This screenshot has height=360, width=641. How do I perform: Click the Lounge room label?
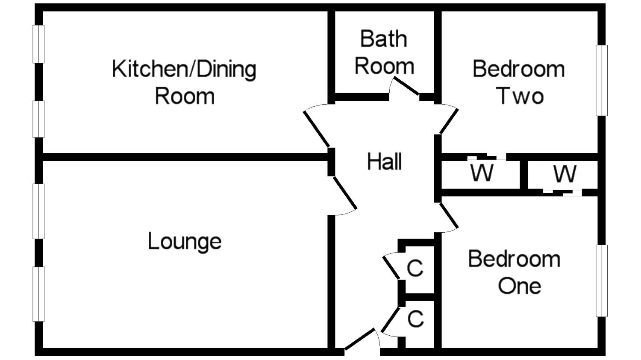click(x=185, y=242)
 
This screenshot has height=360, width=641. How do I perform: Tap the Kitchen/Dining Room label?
click(x=184, y=82)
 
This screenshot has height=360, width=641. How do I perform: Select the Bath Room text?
click(x=384, y=52)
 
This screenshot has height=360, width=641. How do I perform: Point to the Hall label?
click(x=385, y=162)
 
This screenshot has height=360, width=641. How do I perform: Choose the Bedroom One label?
click(x=515, y=272)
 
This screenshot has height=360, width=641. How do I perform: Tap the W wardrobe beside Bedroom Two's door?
click(x=482, y=173)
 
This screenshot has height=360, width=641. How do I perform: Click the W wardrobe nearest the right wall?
click(x=565, y=173)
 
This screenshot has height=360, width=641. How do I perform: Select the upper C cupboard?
click(x=415, y=268)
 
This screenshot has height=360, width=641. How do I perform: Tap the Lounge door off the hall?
click(x=344, y=195)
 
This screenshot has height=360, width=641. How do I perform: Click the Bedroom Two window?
click(x=602, y=80)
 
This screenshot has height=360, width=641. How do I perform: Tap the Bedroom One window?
click(x=602, y=281)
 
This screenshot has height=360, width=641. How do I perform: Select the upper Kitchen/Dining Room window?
click(x=39, y=44)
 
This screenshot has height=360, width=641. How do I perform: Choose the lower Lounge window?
click(x=39, y=294)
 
